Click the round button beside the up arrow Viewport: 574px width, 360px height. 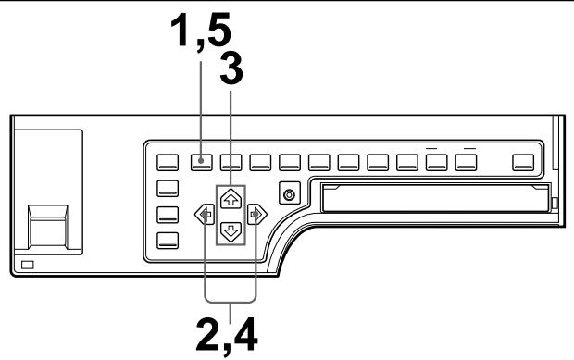(x=291, y=195)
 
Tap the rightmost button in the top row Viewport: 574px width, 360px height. (x=525, y=162)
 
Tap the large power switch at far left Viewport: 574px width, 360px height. (x=47, y=222)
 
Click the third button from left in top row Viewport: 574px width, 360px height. (x=231, y=162)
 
